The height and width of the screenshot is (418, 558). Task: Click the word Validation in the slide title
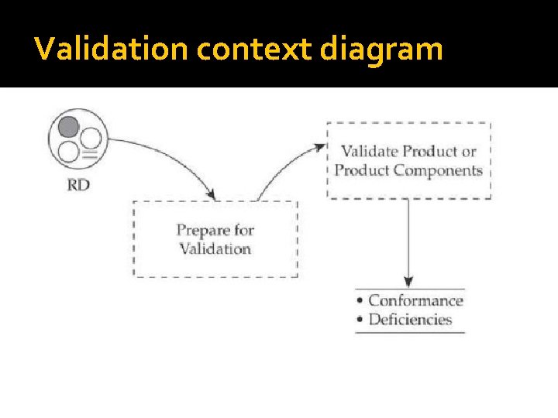coord(112,50)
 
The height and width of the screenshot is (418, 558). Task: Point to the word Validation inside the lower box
coord(215,248)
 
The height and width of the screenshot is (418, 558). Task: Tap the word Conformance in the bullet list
coord(415,300)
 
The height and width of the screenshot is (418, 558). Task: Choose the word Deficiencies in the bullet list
coord(410,319)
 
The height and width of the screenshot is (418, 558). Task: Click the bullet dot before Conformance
coord(360,301)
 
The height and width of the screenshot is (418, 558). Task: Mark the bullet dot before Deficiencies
coord(360,320)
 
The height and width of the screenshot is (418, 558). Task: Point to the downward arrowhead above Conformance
coord(408,282)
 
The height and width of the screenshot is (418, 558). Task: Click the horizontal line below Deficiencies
coord(409,333)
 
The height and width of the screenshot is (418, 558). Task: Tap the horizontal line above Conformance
coord(409,290)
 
